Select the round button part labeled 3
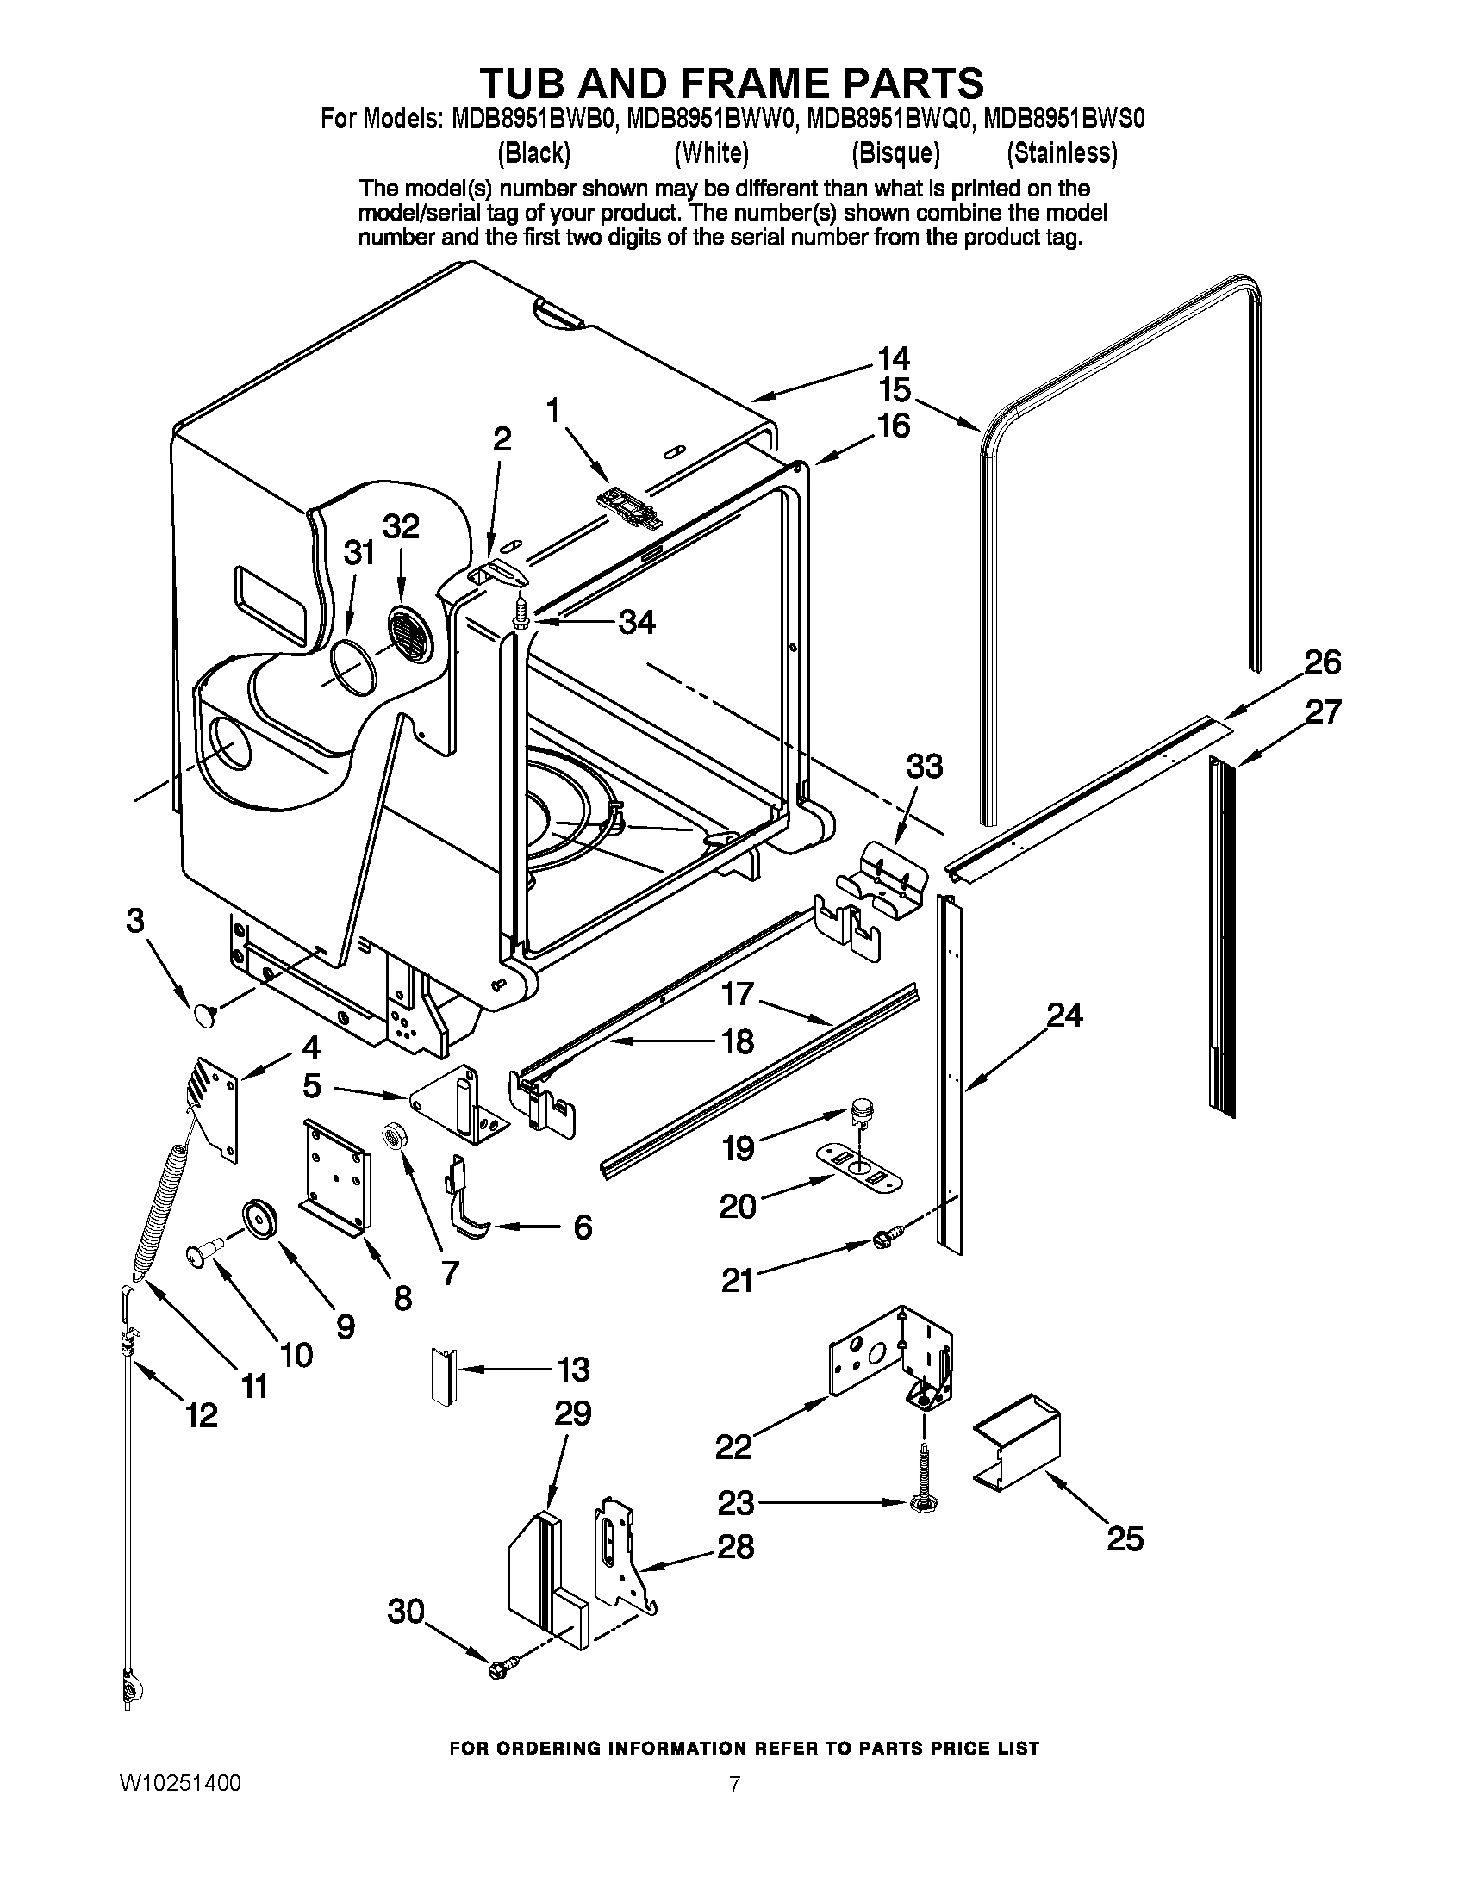tap(204, 1014)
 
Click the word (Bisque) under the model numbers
tap(895, 153)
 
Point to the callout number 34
tap(636, 622)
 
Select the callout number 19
tap(738, 1149)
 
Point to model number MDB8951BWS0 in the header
tap(1062, 117)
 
